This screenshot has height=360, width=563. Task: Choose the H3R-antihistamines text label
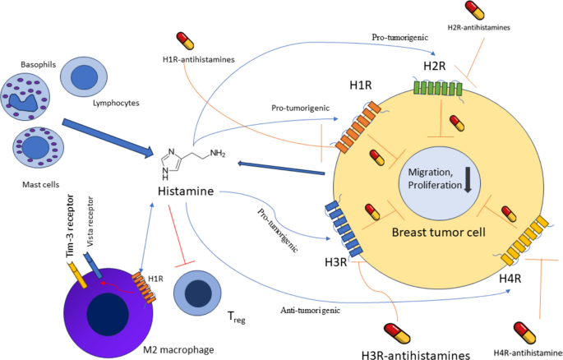(x=418, y=354)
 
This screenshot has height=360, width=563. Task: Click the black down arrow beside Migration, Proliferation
(x=468, y=180)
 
